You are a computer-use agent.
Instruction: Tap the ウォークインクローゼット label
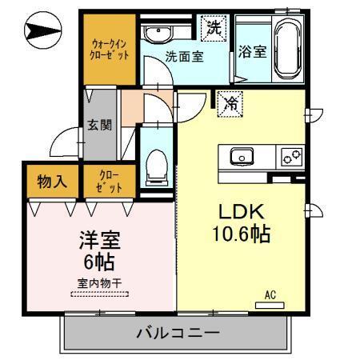pyautogui.click(x=110, y=50)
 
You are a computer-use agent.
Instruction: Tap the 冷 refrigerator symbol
pyautogui.click(x=230, y=102)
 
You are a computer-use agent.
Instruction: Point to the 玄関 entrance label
pyautogui.click(x=99, y=127)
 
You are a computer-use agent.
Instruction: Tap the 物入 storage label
pyautogui.click(x=53, y=182)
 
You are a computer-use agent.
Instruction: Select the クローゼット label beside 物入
pyautogui.click(x=110, y=182)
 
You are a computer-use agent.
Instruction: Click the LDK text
pyautogui.click(x=242, y=211)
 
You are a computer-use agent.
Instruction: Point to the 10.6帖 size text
pyautogui.click(x=242, y=235)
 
